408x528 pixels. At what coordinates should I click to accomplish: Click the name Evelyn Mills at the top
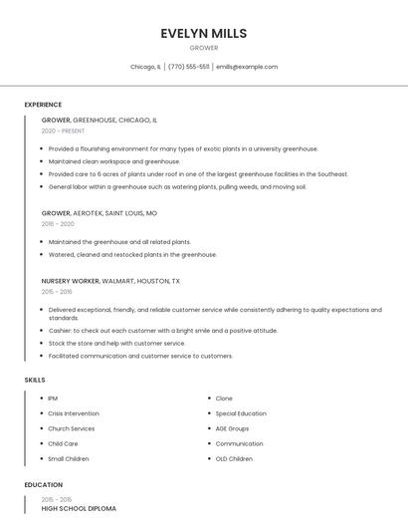coord(204,33)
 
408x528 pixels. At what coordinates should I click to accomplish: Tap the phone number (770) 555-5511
coord(189,67)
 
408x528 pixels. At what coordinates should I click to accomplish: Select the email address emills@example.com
coord(247,67)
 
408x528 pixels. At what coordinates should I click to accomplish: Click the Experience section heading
coord(43,105)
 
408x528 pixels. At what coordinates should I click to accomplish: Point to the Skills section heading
coord(35,380)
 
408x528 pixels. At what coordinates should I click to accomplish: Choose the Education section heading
coord(43,485)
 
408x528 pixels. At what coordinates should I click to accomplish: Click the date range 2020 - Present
coord(63,131)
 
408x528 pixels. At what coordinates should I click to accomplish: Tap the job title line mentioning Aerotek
coord(99,213)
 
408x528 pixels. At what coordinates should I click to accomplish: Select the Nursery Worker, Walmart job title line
coord(110,281)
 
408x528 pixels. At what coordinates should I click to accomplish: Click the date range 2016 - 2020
coord(58,224)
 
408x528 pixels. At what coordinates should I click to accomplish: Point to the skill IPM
coord(53,398)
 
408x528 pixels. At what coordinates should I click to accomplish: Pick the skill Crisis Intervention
coord(74,413)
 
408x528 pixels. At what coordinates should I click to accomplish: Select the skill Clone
coord(224,398)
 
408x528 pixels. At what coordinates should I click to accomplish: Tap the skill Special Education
coord(241,413)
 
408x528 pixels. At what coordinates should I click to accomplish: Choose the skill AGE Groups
coord(233,428)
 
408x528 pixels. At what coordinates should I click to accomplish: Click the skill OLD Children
coord(235,459)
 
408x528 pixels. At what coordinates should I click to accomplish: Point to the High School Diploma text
coord(79,508)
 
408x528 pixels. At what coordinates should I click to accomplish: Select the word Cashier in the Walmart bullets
coord(60,331)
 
